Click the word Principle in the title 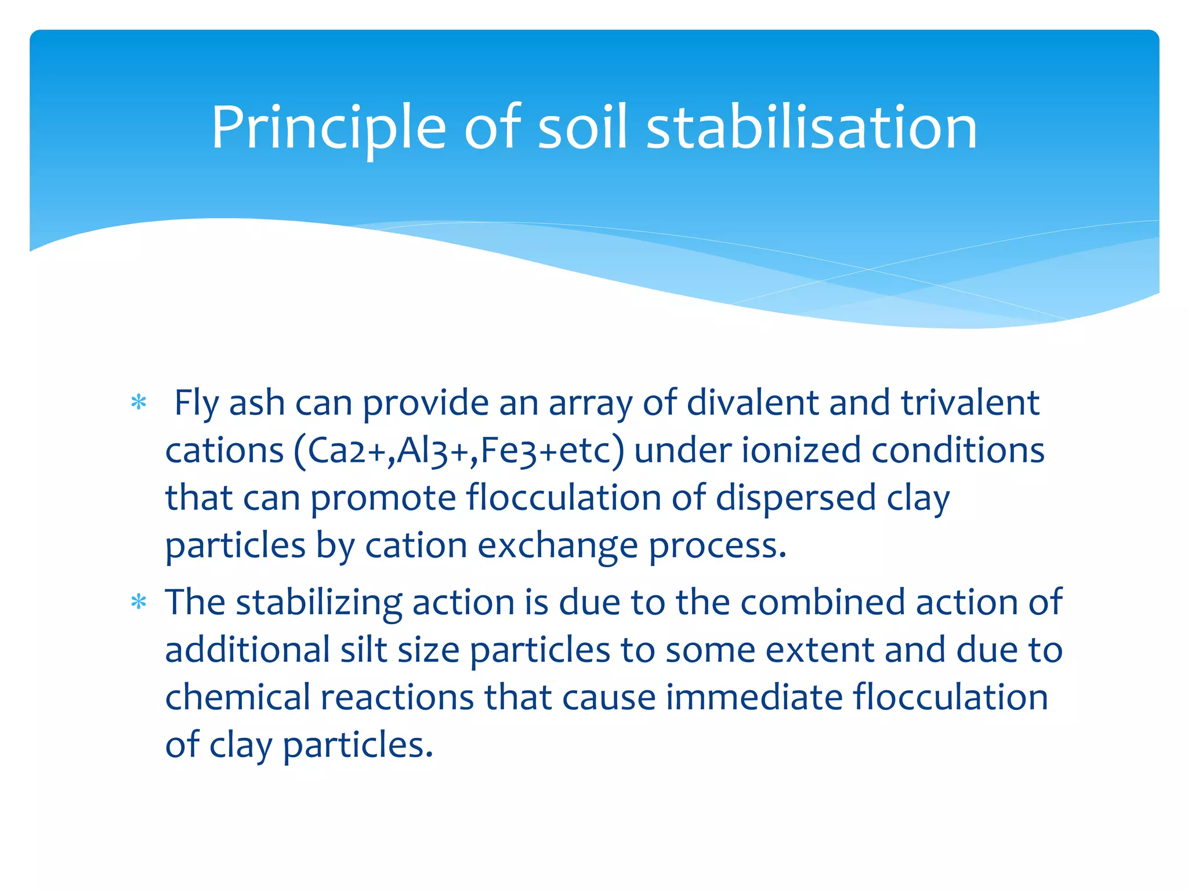(328, 128)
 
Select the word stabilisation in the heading (812, 128)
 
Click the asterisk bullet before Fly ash (139, 403)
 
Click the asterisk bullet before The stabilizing (139, 602)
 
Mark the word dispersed (795, 499)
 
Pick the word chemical (238, 697)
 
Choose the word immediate (754, 697)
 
